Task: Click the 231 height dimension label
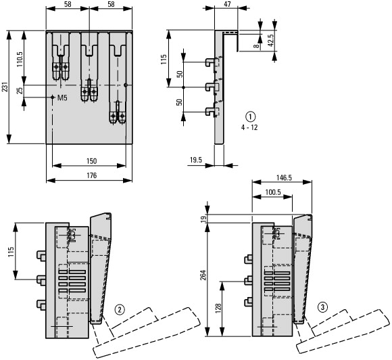tap(5, 87)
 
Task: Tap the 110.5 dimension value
tap(20, 59)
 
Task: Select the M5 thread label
tap(62, 98)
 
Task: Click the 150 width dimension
tap(91, 161)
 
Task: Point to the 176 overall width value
tap(91, 175)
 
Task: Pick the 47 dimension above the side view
tap(227, 4)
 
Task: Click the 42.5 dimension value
tap(271, 41)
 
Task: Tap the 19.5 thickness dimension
tap(196, 160)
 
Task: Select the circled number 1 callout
tap(251, 116)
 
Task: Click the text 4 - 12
tap(249, 127)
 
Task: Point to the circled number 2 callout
tap(120, 310)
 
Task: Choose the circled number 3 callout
tap(322, 307)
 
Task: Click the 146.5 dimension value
tap(284, 178)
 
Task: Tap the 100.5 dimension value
tap(273, 192)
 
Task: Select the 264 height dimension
tap(203, 275)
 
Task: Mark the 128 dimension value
tap(218, 309)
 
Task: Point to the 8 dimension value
tap(256, 46)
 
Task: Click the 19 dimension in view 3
tap(204, 219)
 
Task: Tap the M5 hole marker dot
tap(53, 97)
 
